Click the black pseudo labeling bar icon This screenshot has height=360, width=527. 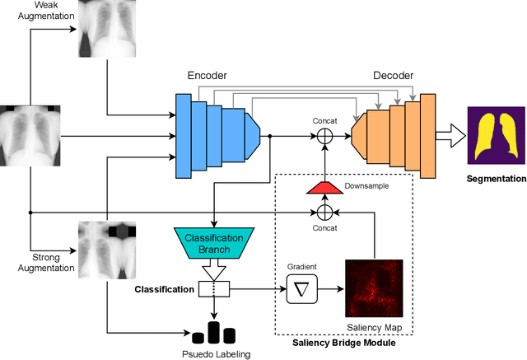[213, 332]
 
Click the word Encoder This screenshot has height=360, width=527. [206, 75]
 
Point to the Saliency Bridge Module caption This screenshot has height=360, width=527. [347, 343]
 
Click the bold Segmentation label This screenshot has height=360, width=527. [495, 179]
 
